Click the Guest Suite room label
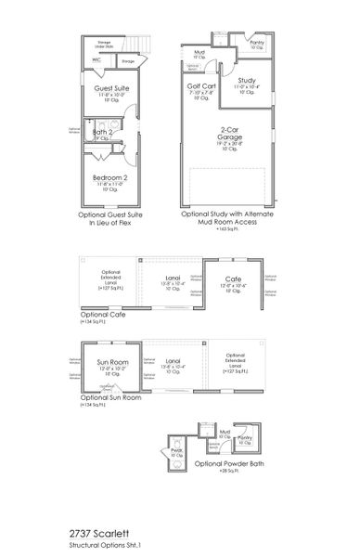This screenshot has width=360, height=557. tap(110, 87)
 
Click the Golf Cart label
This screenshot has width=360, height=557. tap(201, 85)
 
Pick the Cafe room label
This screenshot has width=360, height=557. tap(234, 278)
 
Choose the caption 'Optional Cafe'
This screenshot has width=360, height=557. tap(103, 315)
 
